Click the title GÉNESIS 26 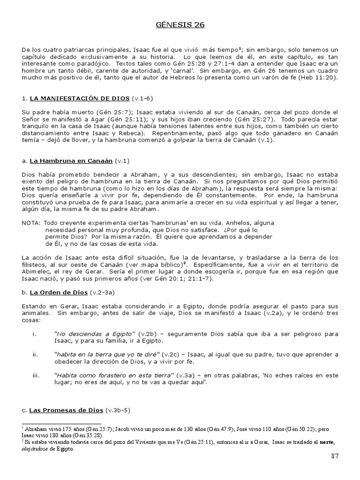pos(180,25)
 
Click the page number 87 pos(334,456)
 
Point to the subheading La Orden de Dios pos(58,292)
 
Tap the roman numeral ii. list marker pos(35,354)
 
